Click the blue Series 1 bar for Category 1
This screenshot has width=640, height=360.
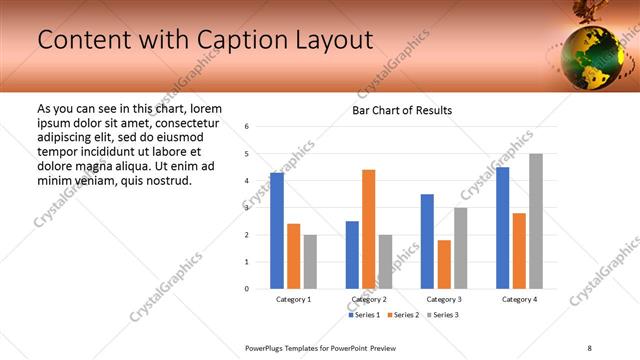[277, 231]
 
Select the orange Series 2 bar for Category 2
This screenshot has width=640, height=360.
[368, 229]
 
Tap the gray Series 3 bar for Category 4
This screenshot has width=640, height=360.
[536, 221]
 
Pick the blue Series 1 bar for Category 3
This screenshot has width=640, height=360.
[427, 241]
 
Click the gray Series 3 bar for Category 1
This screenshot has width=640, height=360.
[310, 262]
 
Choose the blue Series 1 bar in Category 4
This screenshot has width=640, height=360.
[502, 228]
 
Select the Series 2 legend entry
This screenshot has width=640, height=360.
[402, 315]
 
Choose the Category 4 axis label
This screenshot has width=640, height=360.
[518, 299]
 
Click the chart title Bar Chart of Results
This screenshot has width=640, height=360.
[402, 110]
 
